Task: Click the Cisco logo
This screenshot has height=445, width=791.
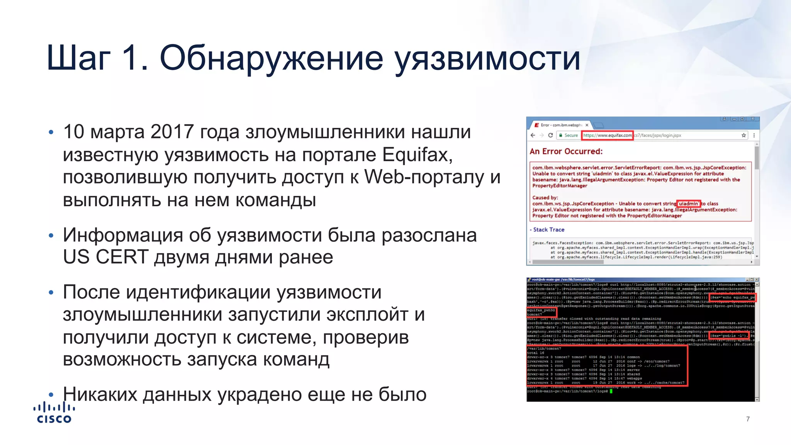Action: [x=54, y=413]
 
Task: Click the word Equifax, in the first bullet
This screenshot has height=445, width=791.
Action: [x=418, y=155]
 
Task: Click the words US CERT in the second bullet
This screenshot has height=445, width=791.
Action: [x=105, y=257]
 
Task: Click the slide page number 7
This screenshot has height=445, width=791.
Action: [x=748, y=419]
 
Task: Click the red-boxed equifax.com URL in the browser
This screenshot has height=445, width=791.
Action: [x=607, y=136]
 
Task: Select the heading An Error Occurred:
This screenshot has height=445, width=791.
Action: [x=566, y=151]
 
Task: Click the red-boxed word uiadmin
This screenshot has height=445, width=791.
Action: [x=688, y=204]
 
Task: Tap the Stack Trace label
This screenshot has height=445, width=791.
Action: [x=548, y=229]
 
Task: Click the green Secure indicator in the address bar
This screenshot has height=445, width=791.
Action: [x=569, y=136]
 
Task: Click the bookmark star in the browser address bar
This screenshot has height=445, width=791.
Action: [x=743, y=136]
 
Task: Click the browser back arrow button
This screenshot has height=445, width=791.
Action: [x=533, y=136]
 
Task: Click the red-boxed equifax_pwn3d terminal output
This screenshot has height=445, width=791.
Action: [x=541, y=310]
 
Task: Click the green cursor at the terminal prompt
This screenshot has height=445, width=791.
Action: [x=611, y=391]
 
